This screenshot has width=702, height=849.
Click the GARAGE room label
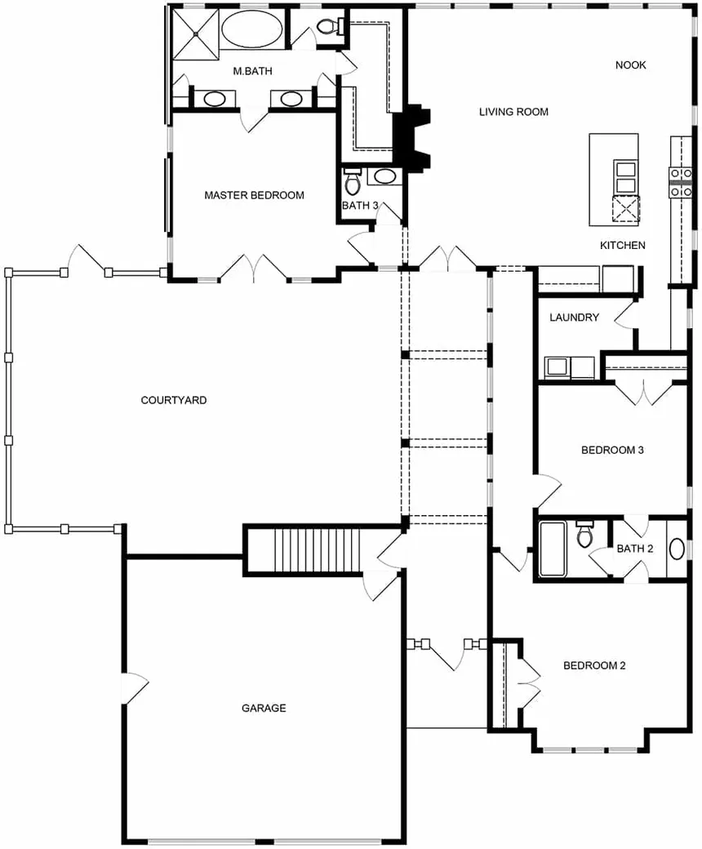(264, 708)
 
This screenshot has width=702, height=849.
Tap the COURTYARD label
(174, 400)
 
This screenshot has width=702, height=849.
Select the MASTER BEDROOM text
(254, 195)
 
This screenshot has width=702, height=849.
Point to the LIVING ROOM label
(513, 112)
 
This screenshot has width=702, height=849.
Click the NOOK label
(630, 65)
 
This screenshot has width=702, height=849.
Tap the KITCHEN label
(623, 245)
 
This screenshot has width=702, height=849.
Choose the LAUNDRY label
(575, 318)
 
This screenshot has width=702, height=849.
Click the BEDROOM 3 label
(612, 450)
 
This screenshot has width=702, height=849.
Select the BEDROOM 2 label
(594, 665)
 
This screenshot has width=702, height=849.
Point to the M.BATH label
(252, 71)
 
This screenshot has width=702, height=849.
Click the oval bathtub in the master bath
(251, 29)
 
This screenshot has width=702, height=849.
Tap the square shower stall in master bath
(195, 33)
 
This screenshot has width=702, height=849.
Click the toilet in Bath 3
(353, 182)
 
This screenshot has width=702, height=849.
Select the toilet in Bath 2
(584, 533)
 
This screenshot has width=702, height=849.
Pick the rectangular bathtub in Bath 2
(553, 549)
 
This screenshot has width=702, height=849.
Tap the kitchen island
(614, 180)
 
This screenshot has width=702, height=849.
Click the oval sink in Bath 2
(677, 549)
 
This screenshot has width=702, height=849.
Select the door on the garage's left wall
(136, 689)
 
